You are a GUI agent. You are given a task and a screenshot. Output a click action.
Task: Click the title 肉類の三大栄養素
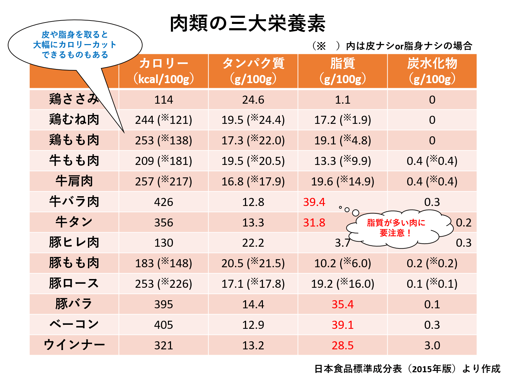point(247,24)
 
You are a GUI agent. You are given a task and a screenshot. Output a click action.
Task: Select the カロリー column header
point(163,71)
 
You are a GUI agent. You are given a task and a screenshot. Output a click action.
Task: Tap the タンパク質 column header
point(253,71)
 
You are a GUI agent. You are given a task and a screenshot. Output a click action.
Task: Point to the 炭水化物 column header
point(432,71)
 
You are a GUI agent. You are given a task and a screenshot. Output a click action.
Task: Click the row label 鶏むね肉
point(74,120)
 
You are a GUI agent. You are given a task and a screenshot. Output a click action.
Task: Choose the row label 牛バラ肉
point(74,202)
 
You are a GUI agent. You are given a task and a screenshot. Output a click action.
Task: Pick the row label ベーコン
point(74,324)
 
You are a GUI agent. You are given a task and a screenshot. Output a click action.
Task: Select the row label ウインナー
point(74,345)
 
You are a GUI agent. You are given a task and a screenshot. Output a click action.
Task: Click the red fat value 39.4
point(314,202)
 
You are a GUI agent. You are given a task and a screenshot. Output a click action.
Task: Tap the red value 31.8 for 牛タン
point(314,222)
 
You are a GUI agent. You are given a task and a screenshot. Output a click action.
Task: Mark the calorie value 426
point(163,202)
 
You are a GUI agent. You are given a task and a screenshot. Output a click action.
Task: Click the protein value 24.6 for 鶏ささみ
point(253,100)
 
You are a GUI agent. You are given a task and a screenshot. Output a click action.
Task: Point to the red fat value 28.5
point(342,345)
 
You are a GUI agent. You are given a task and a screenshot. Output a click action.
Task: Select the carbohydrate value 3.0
point(432,345)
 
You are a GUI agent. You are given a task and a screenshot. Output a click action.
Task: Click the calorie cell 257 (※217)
point(163,181)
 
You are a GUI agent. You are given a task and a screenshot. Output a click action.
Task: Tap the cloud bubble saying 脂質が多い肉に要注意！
point(396,228)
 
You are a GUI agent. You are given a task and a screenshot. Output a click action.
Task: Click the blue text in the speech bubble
point(75,44)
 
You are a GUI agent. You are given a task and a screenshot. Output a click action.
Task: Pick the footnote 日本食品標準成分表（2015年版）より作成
point(407,369)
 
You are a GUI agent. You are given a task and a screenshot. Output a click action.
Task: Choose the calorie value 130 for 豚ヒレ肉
point(163,243)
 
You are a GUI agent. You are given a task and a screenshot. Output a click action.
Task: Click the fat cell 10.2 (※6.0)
point(342,263)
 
